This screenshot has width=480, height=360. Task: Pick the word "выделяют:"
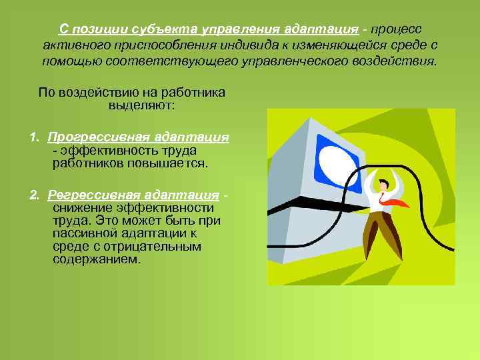tap(141, 105)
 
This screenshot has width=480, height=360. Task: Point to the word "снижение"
tap(79, 207)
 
